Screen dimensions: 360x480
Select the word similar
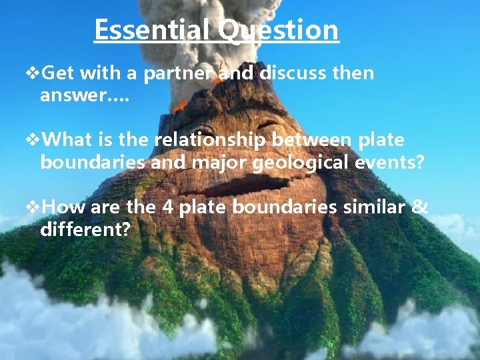click(373, 207)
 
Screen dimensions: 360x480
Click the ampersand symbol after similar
click(420, 207)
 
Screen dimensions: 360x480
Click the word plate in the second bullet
click(381, 141)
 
